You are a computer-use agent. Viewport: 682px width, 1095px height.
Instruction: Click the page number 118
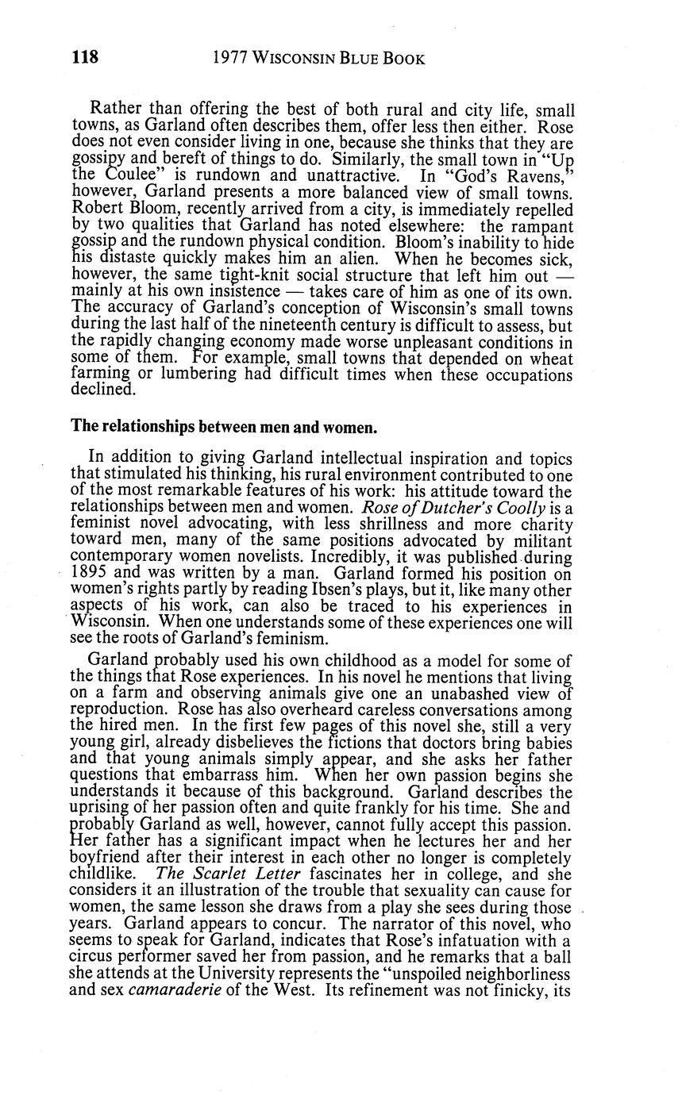tap(85, 58)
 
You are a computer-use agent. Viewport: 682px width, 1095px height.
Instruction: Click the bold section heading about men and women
tap(224, 427)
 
